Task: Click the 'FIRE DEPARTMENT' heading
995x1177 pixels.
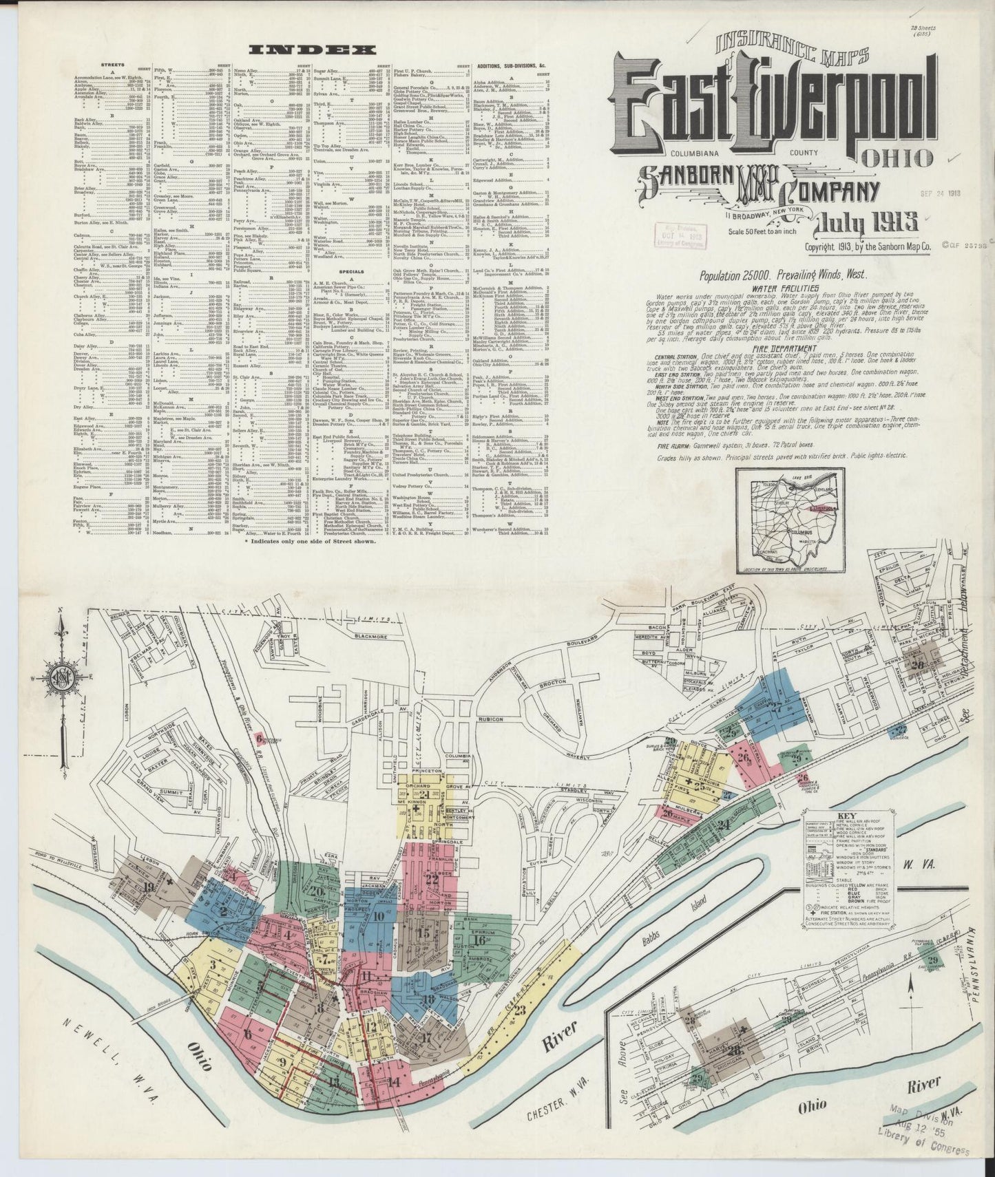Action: coord(781,347)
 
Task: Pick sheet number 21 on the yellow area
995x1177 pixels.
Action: coord(427,795)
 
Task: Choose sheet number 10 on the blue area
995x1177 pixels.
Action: coord(379,916)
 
